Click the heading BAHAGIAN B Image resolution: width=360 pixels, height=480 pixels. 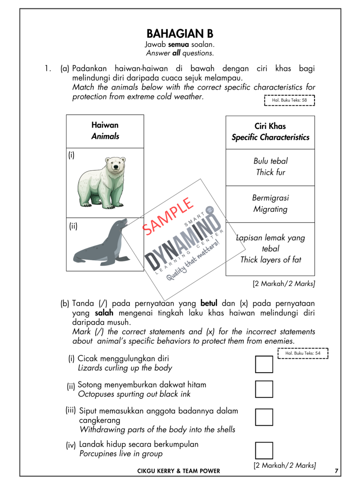(x=180, y=34)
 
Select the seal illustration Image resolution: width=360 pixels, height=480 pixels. (x=100, y=243)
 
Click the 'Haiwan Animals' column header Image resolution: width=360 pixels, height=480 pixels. (x=105, y=131)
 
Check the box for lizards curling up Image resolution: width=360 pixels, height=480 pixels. (x=264, y=364)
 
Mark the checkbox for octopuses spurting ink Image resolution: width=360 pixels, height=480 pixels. (x=264, y=389)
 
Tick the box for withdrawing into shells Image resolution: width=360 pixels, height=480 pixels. (x=264, y=417)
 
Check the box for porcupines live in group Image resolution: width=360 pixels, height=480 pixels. (x=264, y=450)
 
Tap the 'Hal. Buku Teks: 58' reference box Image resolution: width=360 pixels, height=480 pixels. (x=290, y=99)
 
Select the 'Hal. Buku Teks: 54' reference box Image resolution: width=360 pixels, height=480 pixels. (x=303, y=353)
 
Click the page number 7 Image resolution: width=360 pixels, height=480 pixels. (x=337, y=470)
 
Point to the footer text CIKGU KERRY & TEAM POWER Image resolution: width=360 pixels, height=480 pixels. (x=178, y=471)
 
